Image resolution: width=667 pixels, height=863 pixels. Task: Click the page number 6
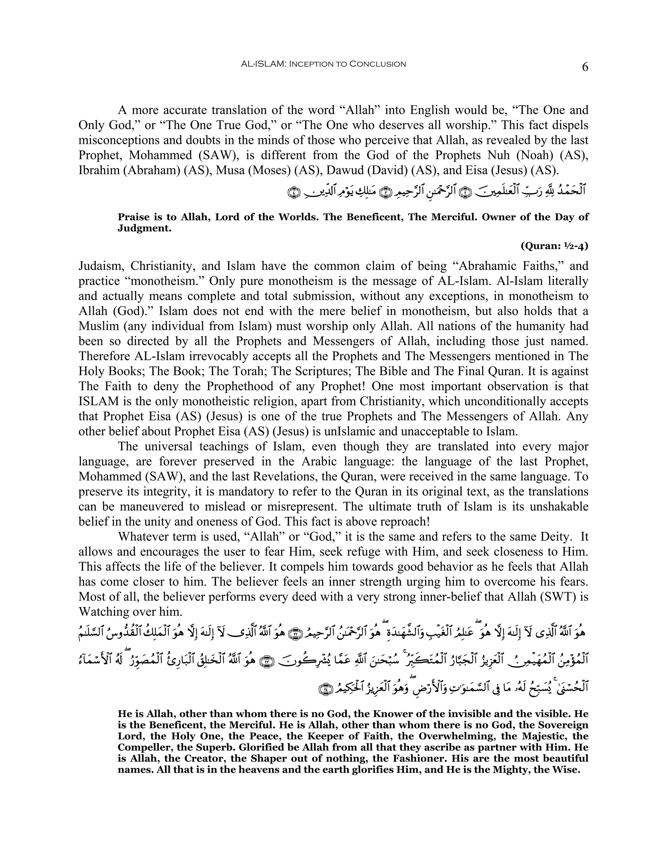pyautogui.click(x=585, y=67)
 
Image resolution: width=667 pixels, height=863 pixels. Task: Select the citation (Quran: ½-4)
pyautogui.click(x=554, y=246)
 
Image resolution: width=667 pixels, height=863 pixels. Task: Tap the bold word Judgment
pyautogui.click(x=144, y=228)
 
